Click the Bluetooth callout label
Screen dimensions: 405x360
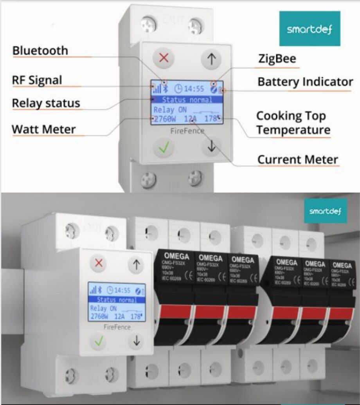pos(40,51)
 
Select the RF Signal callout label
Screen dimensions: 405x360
pos(37,80)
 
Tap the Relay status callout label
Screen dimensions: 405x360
pos(46,103)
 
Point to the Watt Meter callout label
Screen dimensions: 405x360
pos(43,129)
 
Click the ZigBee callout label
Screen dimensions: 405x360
pos(277,59)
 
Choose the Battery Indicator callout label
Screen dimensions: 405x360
pos(305,82)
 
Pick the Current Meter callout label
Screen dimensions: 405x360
pos(297,159)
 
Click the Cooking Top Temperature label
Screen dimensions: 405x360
pos(293,123)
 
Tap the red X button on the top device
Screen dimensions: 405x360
pos(164,59)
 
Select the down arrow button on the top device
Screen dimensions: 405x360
pos(212,146)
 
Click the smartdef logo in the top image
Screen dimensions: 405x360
pos(309,29)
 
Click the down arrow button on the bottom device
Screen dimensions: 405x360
pos(136,341)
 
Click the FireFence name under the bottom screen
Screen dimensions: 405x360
pos(117,327)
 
